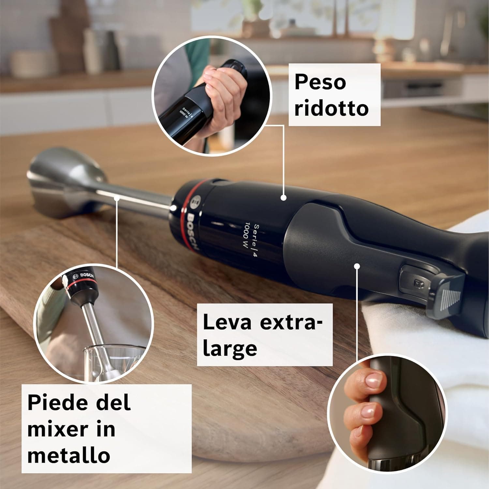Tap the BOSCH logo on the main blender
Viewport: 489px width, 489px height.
coord(192,231)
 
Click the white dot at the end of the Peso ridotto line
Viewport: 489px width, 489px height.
coord(283,197)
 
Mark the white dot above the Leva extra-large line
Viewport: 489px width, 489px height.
coord(357,266)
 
